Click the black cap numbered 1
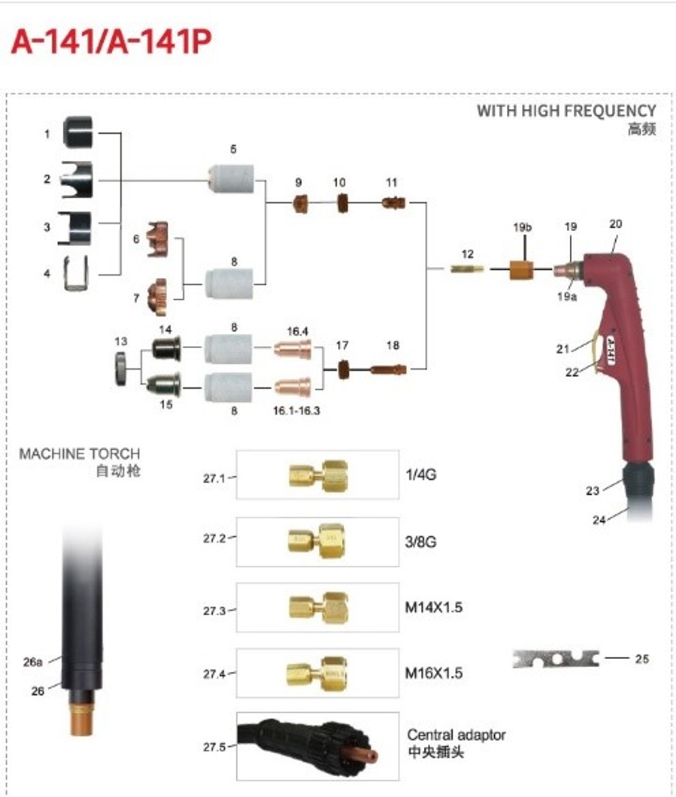(80, 132)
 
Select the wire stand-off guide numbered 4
(76, 274)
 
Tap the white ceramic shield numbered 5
(230, 179)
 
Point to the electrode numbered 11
(393, 201)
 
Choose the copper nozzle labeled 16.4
(293, 349)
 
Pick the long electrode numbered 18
(390, 369)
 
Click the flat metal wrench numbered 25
(556, 658)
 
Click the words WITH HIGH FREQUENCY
(566, 111)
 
